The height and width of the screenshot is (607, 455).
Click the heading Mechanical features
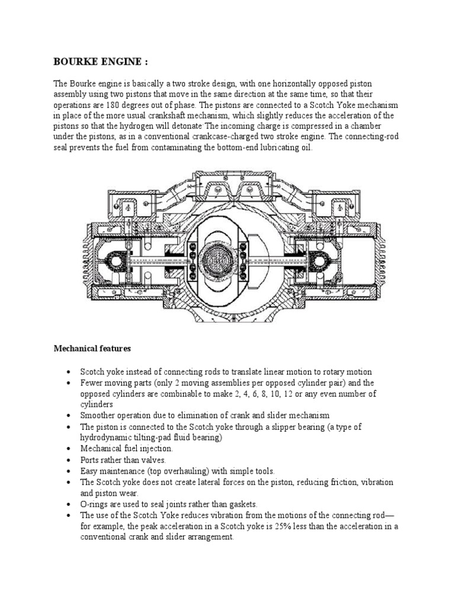pyautogui.click(x=92, y=349)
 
